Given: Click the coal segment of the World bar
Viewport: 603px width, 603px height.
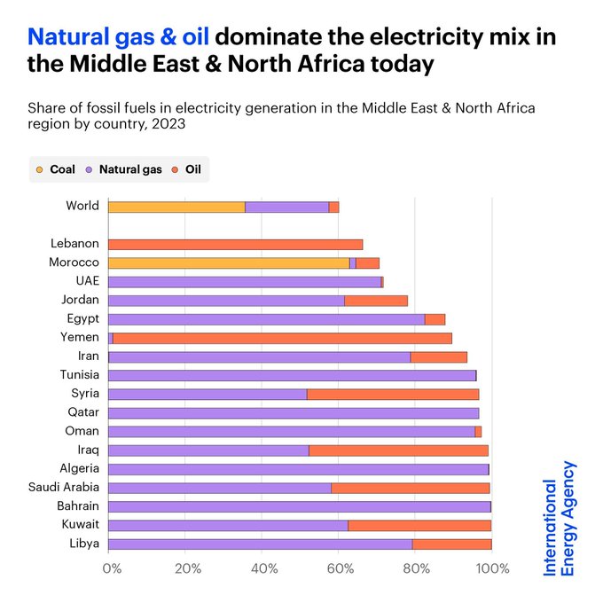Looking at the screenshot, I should tap(176, 207).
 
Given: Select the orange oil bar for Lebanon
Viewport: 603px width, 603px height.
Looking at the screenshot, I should tap(235, 244).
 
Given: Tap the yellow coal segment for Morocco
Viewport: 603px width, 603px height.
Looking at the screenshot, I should tap(229, 262).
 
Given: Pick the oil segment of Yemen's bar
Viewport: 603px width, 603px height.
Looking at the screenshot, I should tap(282, 338).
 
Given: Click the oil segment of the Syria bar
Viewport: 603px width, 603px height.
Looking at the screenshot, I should tap(392, 394).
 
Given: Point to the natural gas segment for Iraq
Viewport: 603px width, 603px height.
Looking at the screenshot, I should tap(208, 450).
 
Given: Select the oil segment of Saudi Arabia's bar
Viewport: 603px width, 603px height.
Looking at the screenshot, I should tap(410, 487).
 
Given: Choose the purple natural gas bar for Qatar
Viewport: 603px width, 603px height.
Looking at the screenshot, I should tap(294, 412).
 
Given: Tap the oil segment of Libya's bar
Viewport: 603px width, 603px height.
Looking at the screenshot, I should tap(451, 544).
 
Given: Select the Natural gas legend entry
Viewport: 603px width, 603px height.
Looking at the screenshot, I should tap(124, 168).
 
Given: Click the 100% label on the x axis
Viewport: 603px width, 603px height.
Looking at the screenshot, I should tap(492, 568).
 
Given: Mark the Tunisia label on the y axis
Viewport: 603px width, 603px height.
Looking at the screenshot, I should tap(79, 374).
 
